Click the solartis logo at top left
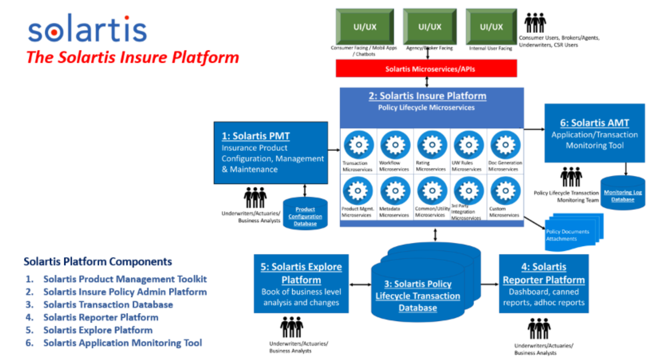(x=87, y=30)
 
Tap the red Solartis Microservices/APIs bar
(x=427, y=68)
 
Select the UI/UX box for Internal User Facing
(x=491, y=26)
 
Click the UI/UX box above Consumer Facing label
(x=364, y=26)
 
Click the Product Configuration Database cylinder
(x=305, y=213)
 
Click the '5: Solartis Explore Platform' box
(x=301, y=284)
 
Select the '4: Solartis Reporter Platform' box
(x=543, y=284)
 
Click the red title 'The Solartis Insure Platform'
(x=132, y=57)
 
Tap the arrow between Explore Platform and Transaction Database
(x=360, y=284)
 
